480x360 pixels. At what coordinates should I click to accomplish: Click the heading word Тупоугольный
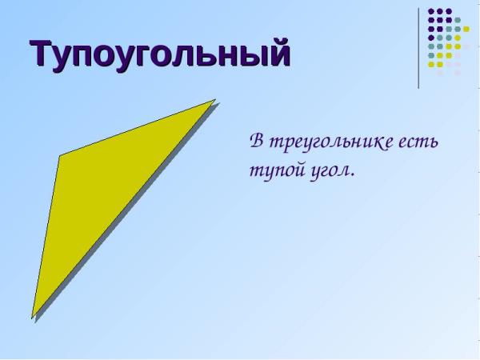coord(160,54)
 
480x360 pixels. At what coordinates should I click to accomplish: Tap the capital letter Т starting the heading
coord(41,53)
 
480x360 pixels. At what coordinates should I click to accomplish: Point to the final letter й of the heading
coord(278,52)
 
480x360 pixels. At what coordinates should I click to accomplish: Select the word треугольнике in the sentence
coord(330,142)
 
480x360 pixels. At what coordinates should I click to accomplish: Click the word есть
coord(418,142)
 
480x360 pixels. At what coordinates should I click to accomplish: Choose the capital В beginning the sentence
coord(258,141)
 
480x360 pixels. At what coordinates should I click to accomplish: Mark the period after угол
coord(352,176)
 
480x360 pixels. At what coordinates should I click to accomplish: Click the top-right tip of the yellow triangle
coord(215,99)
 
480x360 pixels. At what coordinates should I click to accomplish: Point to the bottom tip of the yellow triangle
coord(32,318)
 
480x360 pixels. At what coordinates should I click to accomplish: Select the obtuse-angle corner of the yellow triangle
coord(60,156)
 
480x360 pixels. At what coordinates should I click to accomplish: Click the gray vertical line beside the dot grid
coord(418,48)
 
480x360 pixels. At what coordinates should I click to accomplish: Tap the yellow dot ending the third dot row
coord(466,29)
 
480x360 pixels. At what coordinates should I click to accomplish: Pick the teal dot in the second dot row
coord(458,20)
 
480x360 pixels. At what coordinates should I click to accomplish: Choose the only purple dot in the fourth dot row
coord(431,38)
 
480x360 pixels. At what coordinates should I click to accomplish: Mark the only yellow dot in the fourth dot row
coord(458,38)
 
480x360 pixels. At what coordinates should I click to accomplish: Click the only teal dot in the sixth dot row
coord(431,55)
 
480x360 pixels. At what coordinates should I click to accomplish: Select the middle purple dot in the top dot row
coord(440,11)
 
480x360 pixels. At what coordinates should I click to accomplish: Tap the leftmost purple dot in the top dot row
coord(431,11)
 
